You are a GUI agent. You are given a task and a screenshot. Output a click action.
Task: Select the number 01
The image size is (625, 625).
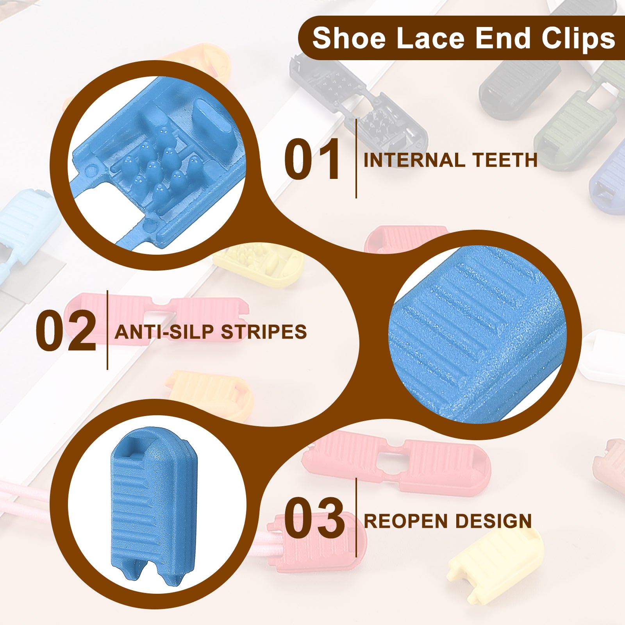(312, 159)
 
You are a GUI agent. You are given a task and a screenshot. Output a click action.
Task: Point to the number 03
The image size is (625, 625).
(314, 518)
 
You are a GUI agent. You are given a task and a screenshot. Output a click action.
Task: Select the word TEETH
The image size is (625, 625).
(505, 160)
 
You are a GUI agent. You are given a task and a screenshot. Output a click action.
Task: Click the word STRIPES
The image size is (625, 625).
(264, 332)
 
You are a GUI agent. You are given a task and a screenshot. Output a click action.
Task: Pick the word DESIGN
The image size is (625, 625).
(493, 521)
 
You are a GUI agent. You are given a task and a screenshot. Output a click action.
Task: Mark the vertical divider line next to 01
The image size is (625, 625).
(356, 158)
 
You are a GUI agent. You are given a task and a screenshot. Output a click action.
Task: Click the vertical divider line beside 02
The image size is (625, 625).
(107, 330)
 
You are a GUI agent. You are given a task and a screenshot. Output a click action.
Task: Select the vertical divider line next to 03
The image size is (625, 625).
(356, 518)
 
